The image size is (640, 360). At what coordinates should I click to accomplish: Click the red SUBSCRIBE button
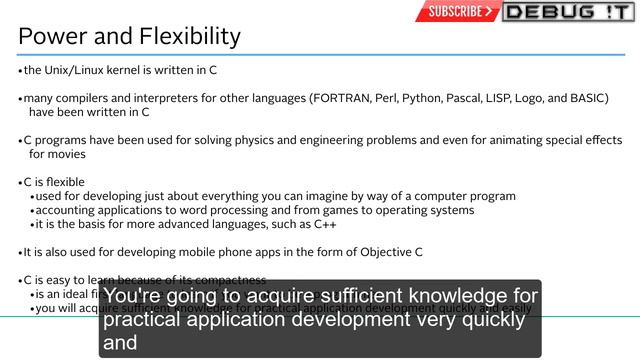pyautogui.click(x=457, y=12)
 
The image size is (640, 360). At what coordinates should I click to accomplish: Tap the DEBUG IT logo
pyautogui.click(x=567, y=12)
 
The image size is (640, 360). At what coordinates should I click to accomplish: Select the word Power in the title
pyautogui.click(x=50, y=37)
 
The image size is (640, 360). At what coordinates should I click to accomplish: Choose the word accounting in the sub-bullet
pyautogui.click(x=65, y=210)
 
